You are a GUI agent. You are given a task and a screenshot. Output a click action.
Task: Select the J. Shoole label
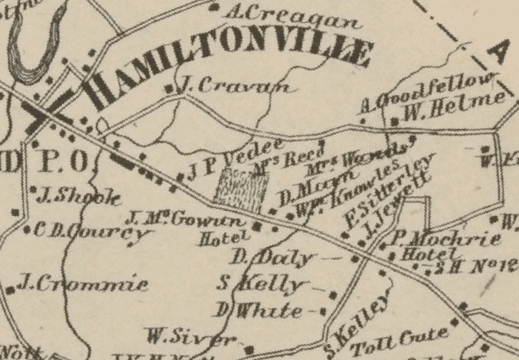click(x=75, y=198)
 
